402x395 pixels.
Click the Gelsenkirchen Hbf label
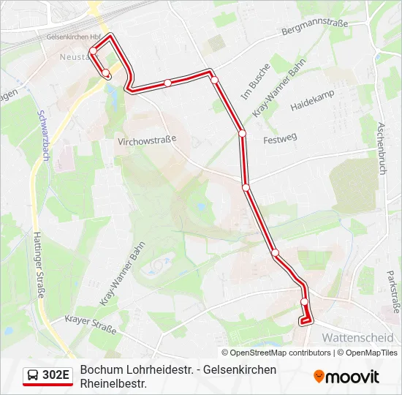click(74, 36)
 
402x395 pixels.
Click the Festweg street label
click(280, 138)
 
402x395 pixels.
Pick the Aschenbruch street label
click(380, 146)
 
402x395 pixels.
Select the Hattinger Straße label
click(39, 263)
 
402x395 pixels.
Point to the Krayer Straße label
click(91, 324)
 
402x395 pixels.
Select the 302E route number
click(56, 376)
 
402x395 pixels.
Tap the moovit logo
click(346, 377)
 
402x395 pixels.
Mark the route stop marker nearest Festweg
click(242, 133)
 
